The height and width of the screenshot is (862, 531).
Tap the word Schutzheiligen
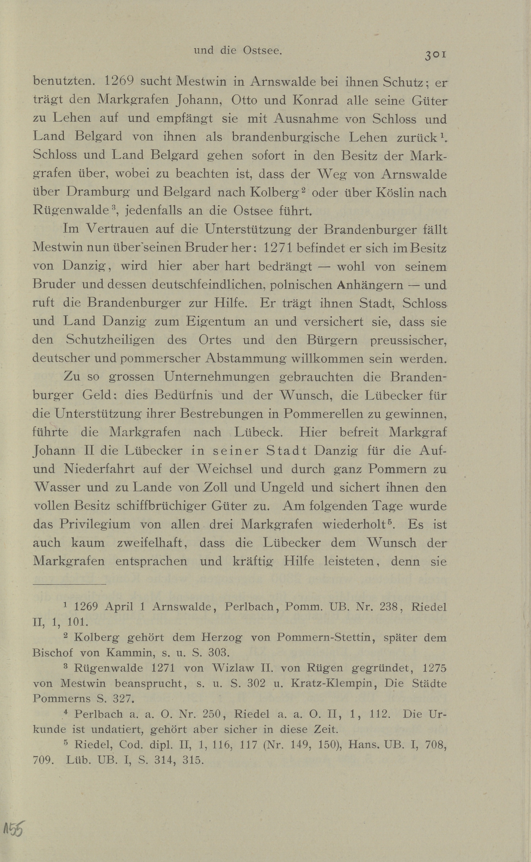[x=110, y=340]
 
